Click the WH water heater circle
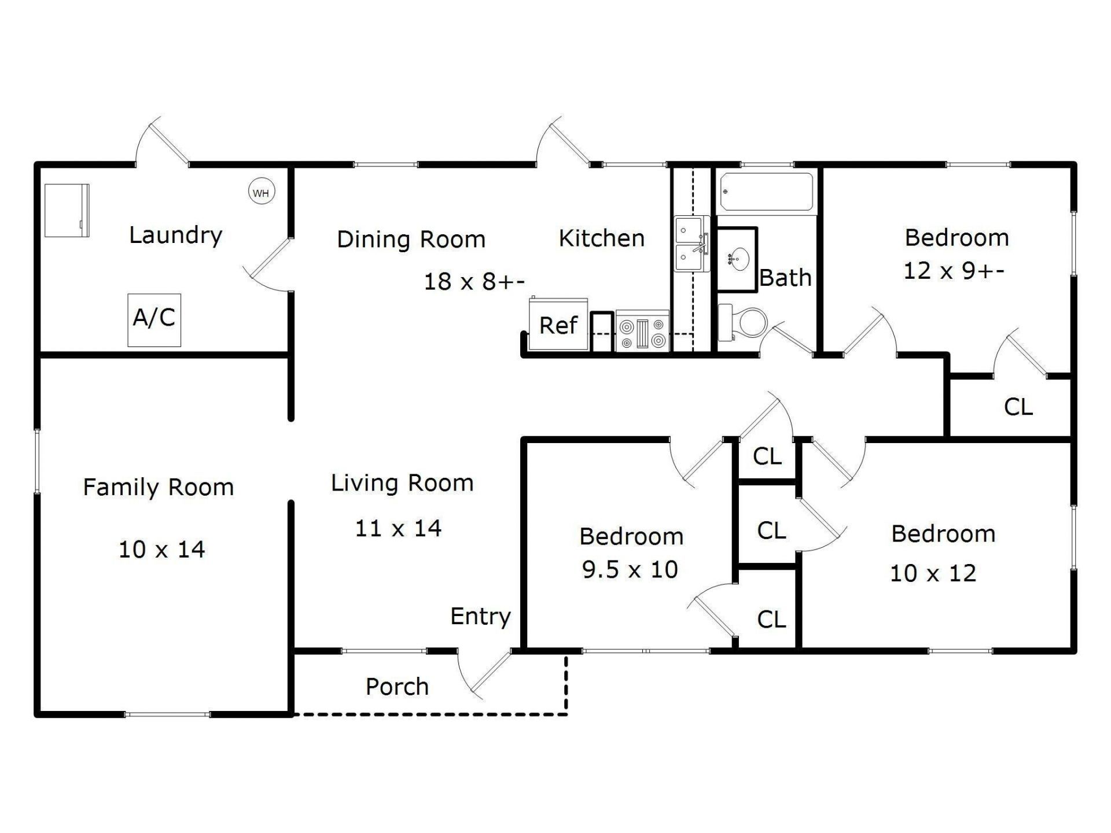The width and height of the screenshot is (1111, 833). click(262, 192)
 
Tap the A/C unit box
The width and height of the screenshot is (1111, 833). click(154, 320)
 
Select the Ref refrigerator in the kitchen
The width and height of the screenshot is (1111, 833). click(558, 325)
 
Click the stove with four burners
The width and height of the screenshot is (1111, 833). click(642, 331)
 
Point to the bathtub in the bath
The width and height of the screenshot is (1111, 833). click(766, 192)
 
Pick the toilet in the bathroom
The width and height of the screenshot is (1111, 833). click(743, 322)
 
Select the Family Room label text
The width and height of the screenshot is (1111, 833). click(159, 487)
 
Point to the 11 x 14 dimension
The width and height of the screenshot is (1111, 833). click(398, 528)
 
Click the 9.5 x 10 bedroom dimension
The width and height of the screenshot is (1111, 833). click(630, 570)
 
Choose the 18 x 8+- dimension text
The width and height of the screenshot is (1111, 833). click(474, 282)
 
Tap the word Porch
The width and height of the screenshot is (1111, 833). click(398, 687)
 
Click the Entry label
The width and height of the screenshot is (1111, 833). click(481, 617)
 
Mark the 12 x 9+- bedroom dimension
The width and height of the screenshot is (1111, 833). click(954, 270)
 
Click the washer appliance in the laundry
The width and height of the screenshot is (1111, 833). click(67, 211)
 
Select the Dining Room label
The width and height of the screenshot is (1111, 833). click(411, 239)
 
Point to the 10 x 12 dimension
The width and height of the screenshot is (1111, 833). click(933, 573)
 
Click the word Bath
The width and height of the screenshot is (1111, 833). click(785, 278)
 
